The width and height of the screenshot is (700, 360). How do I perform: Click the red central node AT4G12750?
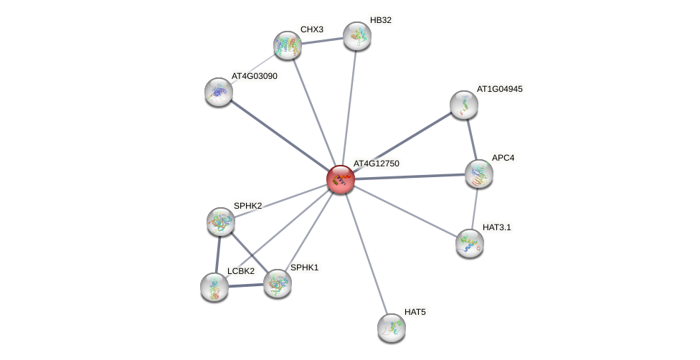(340, 179)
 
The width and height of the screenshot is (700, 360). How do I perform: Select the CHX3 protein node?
(288, 45)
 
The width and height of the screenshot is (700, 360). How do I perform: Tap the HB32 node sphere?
(356, 36)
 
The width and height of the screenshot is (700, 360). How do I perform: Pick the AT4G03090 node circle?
(219, 92)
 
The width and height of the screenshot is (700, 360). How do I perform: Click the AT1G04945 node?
(464, 105)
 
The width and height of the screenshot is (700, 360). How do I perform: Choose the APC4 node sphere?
(478, 174)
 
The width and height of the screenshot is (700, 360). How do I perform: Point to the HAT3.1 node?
(470, 243)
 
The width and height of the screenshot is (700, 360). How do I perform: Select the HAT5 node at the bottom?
(392, 328)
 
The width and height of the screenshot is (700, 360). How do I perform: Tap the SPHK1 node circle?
(277, 283)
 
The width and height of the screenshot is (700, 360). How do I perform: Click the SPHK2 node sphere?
(221, 222)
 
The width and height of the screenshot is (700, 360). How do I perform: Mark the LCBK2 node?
(214, 287)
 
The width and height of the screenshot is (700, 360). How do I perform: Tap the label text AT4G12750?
(376, 164)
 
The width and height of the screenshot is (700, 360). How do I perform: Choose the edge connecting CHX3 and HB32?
(322, 41)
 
